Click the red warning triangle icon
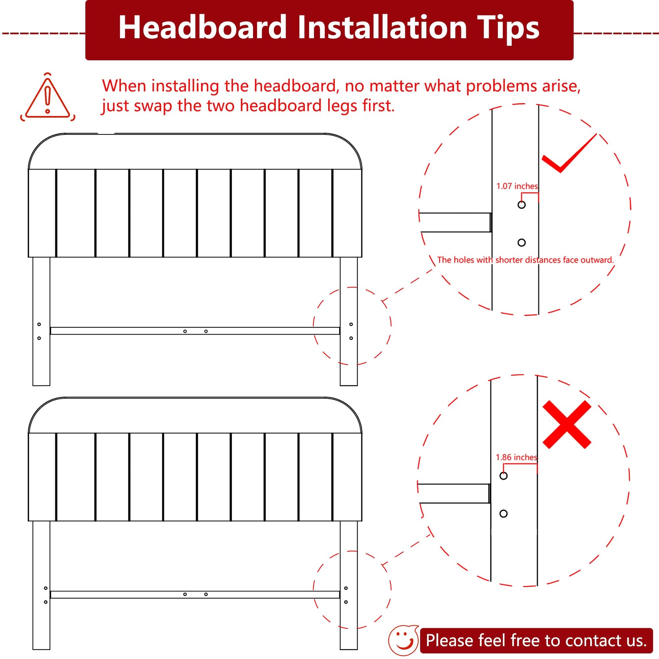coord(48,98)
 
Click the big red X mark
coord(567,425)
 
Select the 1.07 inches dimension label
coord(517,186)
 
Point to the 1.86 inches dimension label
coord(516,458)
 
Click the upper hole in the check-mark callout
coord(522,205)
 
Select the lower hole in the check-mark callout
coord(522,242)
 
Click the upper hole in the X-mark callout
coord(504,476)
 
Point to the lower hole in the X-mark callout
coord(504,514)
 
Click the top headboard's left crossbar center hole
coord(185,331)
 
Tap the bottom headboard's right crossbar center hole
coord(206,594)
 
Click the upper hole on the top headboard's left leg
coord(39,324)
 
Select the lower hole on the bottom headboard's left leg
coord(46,602)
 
